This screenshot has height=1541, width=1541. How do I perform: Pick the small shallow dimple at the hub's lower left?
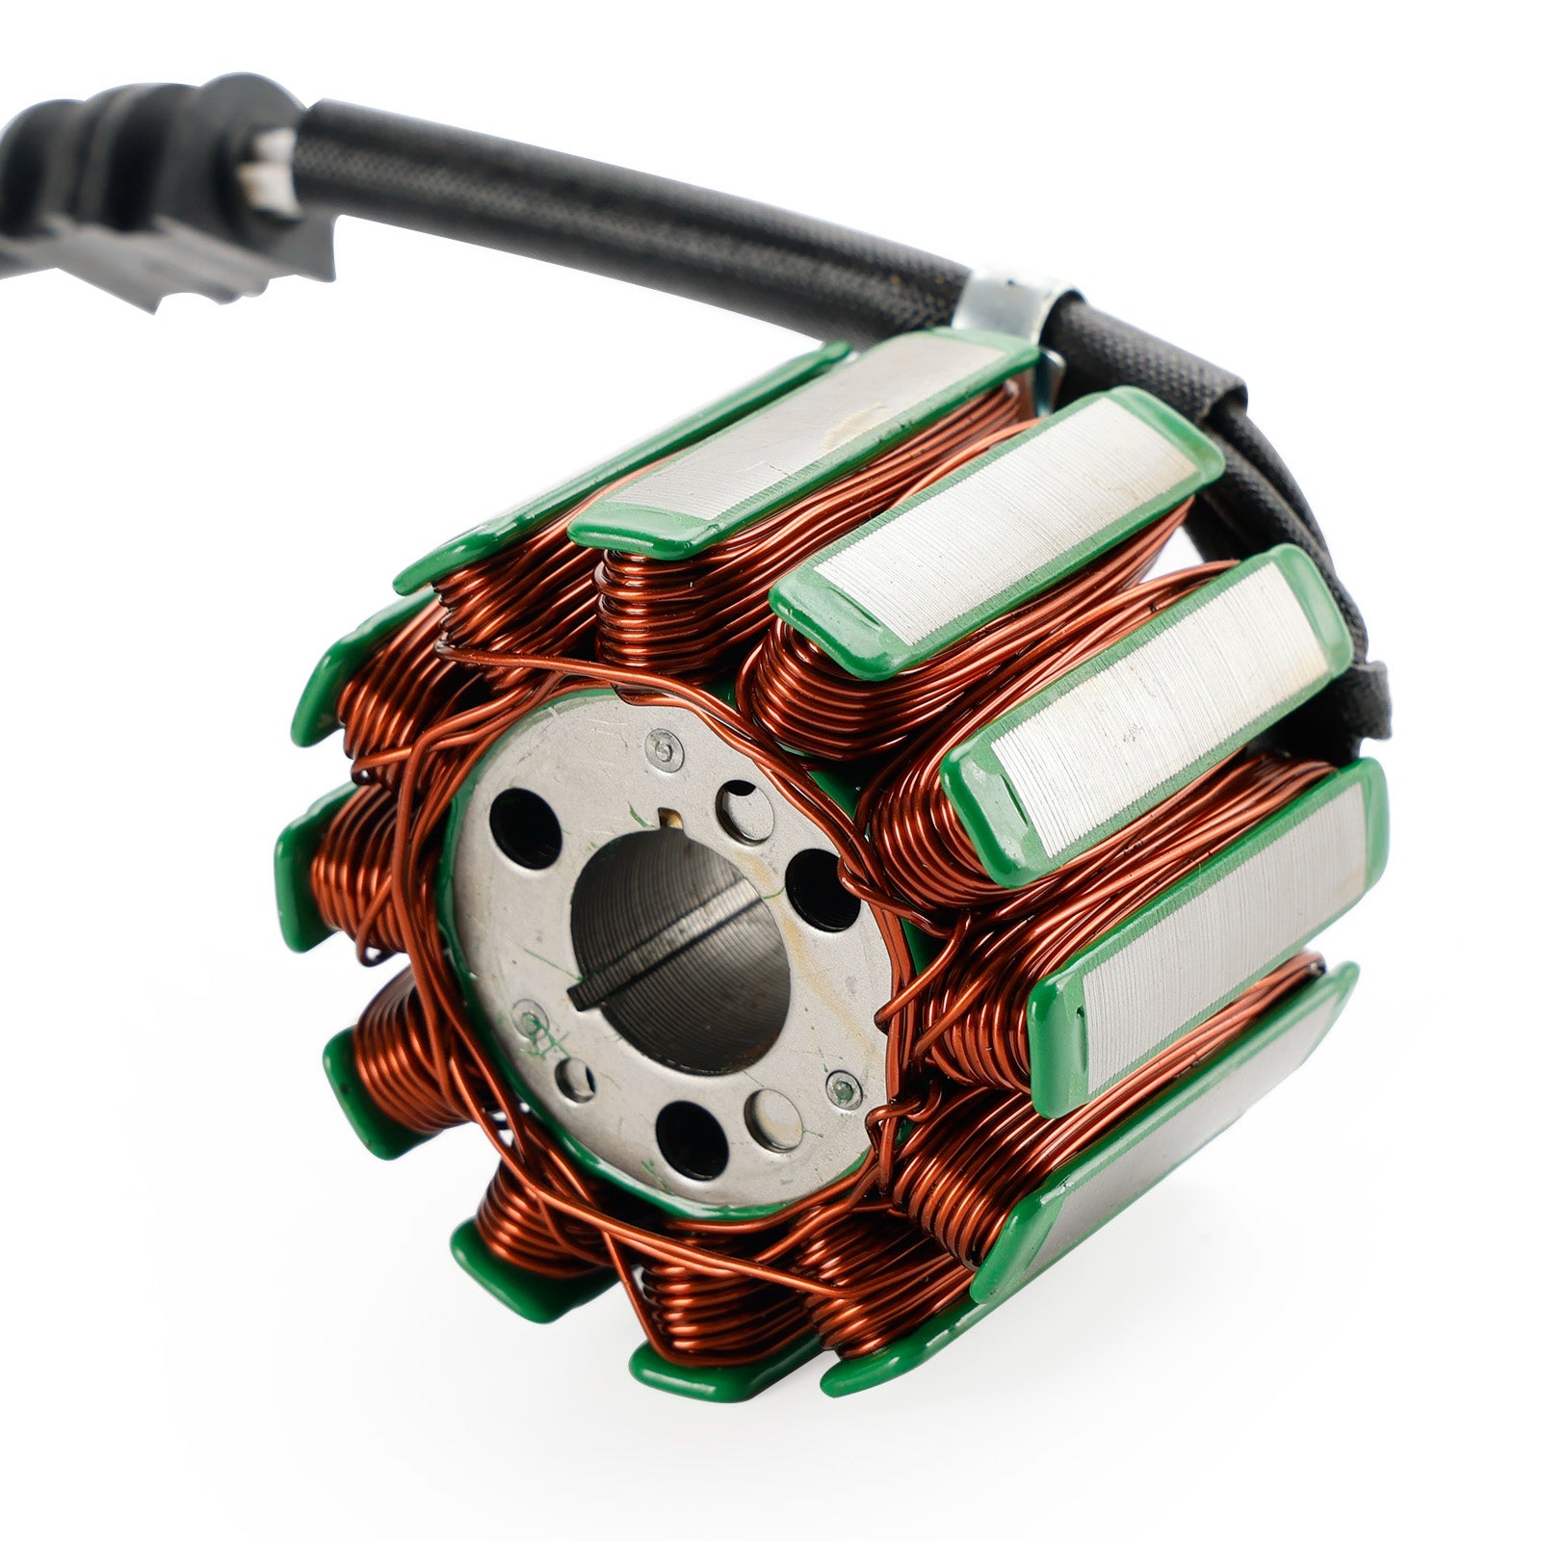(578, 1076)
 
